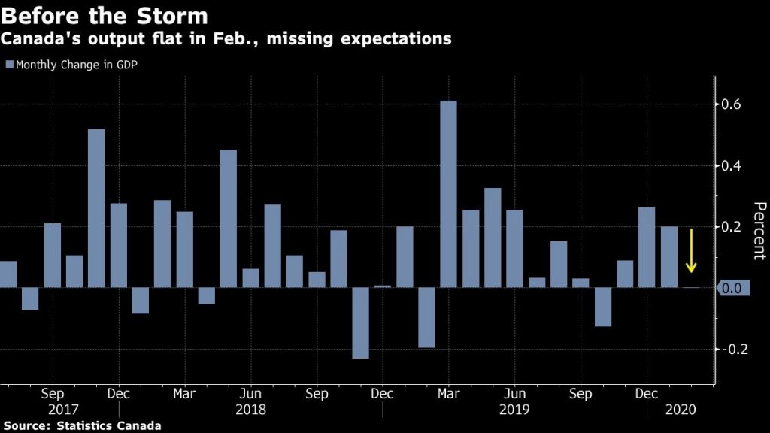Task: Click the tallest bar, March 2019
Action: pyautogui.click(x=448, y=194)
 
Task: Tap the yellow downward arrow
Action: pyautogui.click(x=691, y=252)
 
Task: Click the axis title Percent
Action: pyautogui.click(x=759, y=230)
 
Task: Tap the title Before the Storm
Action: pyautogui.click(x=105, y=14)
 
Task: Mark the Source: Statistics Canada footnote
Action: pyautogui.click(x=83, y=425)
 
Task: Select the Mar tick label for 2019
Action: pyautogui.click(x=448, y=393)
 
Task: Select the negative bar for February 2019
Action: pyautogui.click(x=426, y=317)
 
